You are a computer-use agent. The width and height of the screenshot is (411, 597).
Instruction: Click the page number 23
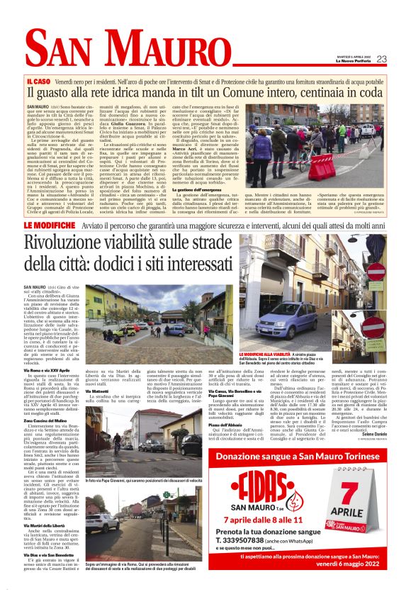coord(381,59)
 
